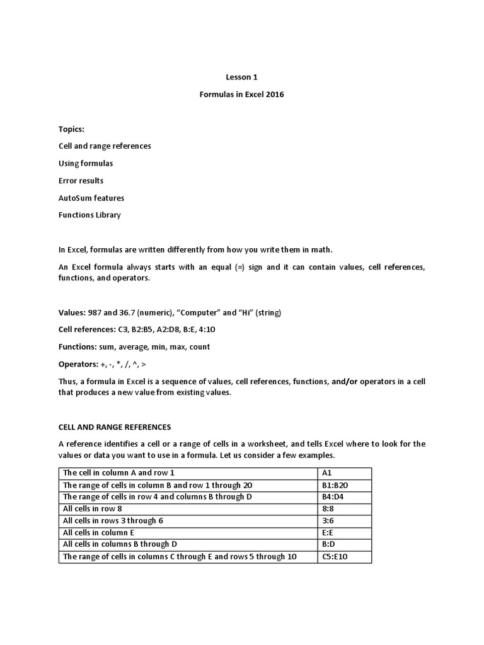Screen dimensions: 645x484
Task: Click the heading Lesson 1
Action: coord(242,77)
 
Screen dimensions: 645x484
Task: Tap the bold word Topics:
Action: coord(71,128)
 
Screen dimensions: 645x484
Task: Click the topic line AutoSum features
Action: coord(91,198)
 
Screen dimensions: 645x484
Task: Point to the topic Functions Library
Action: coord(89,215)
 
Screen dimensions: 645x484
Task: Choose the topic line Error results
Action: coord(81,181)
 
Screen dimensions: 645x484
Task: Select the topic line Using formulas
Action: coord(86,163)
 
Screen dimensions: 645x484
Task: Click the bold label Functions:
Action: coord(79,347)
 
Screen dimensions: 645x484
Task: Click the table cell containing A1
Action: coord(345,473)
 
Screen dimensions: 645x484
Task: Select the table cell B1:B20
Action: coord(345,485)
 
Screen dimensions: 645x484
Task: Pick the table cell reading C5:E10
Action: coord(345,556)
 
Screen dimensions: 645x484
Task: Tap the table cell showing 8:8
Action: coord(345,509)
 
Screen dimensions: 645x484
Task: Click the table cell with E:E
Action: coord(345,533)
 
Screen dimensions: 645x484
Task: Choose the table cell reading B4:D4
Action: coord(345,497)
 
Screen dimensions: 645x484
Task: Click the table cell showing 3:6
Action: coord(345,521)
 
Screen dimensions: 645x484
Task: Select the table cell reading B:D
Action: coord(345,544)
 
